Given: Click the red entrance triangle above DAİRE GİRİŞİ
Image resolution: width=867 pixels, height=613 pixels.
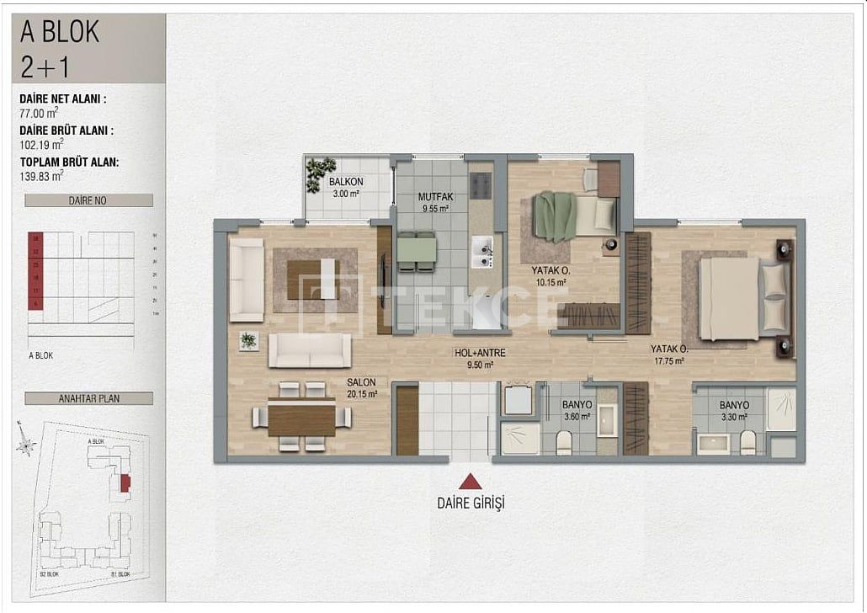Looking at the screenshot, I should tap(470, 482).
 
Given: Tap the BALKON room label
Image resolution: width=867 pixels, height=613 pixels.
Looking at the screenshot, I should tap(346, 187).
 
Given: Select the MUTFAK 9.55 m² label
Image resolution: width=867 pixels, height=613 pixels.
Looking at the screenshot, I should tap(434, 202).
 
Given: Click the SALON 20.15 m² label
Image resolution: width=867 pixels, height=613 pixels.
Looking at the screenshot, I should tap(362, 387).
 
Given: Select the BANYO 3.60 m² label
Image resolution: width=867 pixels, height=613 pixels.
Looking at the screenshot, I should tap(577, 409).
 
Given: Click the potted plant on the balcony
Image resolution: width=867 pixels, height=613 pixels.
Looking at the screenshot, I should tap(320, 173).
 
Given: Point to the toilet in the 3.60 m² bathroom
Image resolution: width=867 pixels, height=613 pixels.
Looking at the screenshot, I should tap(564, 441).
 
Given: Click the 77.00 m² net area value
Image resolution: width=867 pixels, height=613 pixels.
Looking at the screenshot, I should tap(40, 112).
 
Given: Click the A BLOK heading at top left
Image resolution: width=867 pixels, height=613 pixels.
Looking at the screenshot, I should tap(60, 32).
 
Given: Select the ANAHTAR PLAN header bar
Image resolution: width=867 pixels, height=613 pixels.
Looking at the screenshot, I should tap(88, 398).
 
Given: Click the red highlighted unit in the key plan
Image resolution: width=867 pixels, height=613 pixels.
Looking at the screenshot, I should tap(125, 482).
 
